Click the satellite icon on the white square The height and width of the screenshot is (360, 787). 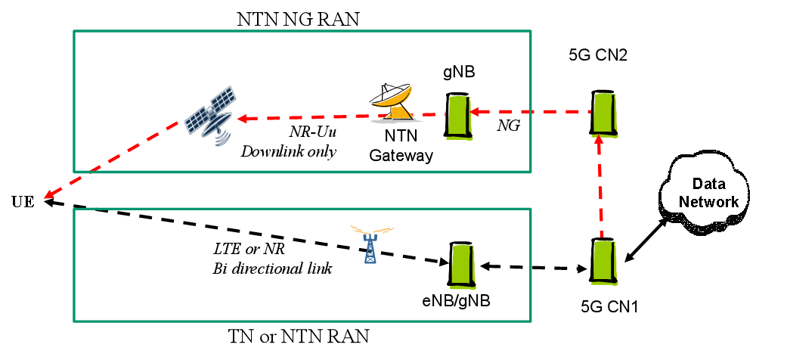210,118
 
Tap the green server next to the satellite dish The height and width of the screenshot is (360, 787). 459,117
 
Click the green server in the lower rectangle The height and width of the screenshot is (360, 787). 463,266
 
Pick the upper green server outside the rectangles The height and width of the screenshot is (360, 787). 605,115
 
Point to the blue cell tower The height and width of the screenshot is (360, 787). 370,248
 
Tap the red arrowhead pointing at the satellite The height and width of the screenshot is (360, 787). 242,119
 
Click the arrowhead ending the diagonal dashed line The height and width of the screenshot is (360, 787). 48,196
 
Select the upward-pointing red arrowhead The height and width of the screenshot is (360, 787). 600,140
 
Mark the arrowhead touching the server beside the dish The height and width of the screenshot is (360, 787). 474,112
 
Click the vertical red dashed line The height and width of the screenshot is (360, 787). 600,189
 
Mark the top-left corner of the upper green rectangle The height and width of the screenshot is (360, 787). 74,31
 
